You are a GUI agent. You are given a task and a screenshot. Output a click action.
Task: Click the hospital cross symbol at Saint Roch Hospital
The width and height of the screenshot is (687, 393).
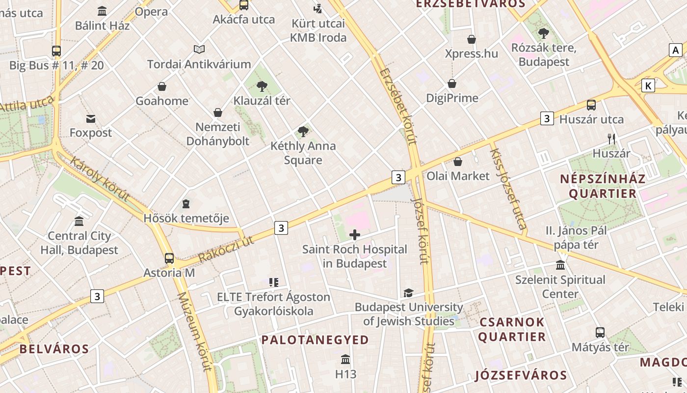tap(354, 235)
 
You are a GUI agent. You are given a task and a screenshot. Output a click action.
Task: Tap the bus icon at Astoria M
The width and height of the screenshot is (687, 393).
tap(169, 258)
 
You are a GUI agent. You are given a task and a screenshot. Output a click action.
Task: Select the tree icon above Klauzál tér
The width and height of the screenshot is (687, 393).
tap(262, 86)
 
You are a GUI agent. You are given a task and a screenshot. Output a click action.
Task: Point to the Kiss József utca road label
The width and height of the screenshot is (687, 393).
tap(508, 189)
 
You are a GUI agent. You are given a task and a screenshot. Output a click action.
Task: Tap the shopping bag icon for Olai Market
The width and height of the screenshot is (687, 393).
tap(458, 162)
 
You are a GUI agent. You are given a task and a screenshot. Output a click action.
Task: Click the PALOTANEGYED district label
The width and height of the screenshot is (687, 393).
tap(315, 340)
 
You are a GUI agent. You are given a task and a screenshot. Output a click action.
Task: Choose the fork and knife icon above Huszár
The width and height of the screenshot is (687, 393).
tap(611, 139)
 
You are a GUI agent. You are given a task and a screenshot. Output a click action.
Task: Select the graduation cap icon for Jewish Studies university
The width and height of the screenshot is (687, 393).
tap(408, 293)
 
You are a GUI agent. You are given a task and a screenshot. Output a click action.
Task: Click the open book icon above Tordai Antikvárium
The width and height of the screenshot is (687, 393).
tap(199, 49)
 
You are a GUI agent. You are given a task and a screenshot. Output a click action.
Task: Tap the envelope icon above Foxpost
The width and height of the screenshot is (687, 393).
tap(91, 118)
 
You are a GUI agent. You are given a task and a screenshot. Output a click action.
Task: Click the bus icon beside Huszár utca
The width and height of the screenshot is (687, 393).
tap(591, 105)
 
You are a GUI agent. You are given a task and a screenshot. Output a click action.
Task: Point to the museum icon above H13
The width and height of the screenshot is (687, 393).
tap(345, 360)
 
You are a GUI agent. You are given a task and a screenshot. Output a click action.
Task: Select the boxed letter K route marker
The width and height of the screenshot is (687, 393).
tap(648, 86)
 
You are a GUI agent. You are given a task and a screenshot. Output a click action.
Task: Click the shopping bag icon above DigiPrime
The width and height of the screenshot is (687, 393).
tap(452, 84)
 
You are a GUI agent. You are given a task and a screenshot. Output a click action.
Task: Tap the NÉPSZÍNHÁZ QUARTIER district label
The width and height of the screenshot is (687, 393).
tap(603, 186)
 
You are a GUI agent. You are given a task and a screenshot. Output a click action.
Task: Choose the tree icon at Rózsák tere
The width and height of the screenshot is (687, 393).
tap(543, 33)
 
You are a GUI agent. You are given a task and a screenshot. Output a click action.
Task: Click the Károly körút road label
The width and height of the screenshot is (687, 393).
tap(100, 179)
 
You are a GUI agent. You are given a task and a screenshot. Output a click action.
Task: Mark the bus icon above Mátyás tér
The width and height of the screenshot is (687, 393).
tap(600, 333)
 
